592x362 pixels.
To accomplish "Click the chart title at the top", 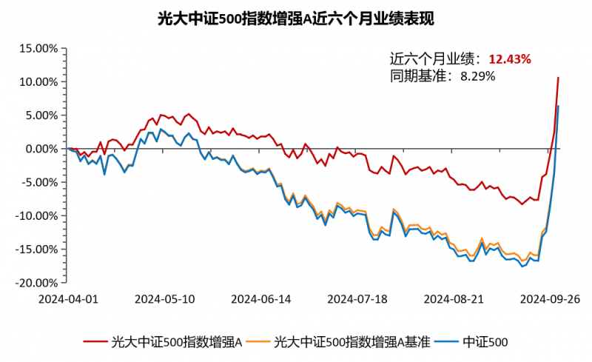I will [296, 18].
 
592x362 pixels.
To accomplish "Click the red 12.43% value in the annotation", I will [510, 59].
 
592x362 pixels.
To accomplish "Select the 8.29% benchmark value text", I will [477, 76].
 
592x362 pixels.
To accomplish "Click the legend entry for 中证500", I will [485, 341].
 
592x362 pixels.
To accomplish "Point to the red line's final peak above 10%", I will [558, 77].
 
